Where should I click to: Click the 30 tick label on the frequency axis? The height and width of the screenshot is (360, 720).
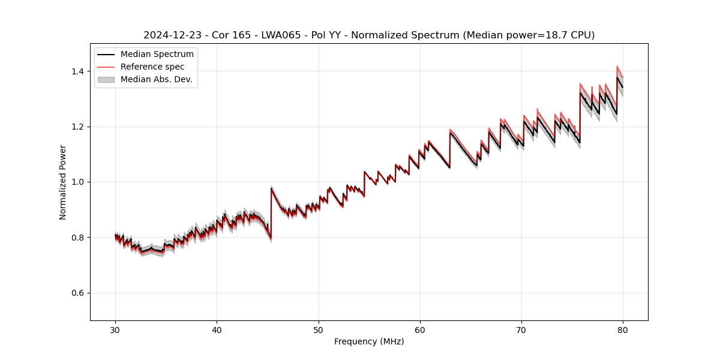point(116,330)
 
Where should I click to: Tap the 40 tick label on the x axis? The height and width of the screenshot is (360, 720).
point(217,330)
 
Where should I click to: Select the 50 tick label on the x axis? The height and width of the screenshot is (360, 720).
point(319,330)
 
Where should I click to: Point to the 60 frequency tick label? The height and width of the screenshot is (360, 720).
point(420,330)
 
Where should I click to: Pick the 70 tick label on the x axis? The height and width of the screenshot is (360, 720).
point(521,330)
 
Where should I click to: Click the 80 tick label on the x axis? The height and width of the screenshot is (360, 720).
point(623,330)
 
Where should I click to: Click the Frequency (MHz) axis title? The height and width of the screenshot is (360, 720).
point(369,342)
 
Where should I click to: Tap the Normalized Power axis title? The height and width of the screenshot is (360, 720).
point(63,182)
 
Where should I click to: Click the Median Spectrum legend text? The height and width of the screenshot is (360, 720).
point(157,55)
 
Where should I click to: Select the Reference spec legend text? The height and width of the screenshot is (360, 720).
point(152,67)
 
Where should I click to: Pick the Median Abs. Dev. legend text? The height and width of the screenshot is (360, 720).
point(157,79)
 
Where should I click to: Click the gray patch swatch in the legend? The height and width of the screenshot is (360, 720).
point(106,79)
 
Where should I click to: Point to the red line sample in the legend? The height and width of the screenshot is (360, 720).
point(106,67)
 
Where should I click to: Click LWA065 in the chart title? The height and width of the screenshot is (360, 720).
point(281,35)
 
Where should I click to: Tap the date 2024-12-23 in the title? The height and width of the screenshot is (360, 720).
point(169,35)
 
